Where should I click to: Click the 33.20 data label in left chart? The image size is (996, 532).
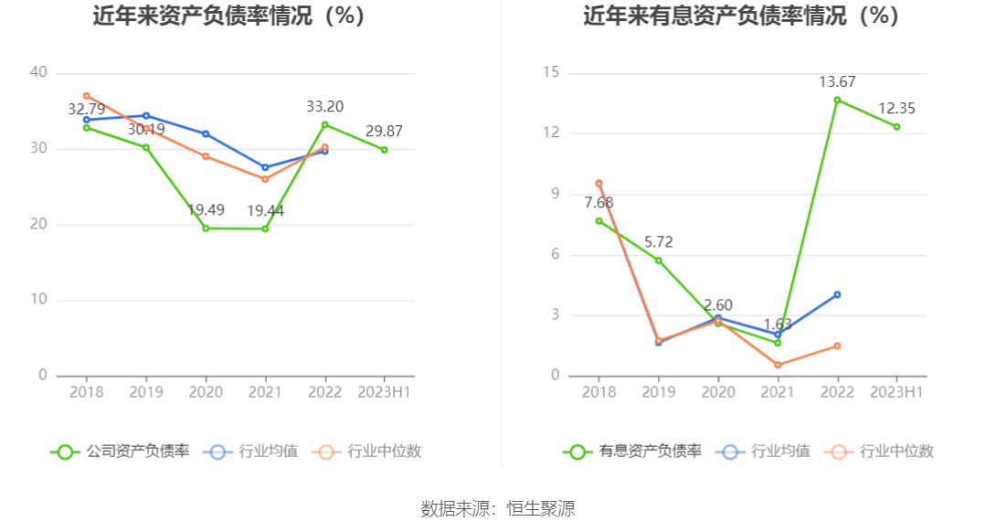(324, 106)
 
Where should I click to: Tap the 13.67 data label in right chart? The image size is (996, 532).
(837, 81)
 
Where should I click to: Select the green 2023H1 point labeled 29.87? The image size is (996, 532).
(384, 149)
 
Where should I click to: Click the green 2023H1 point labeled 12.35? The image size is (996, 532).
(896, 126)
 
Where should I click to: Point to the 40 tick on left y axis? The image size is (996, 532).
(38, 72)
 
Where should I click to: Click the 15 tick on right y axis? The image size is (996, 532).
(551, 72)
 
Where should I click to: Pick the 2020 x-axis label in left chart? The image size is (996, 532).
(206, 391)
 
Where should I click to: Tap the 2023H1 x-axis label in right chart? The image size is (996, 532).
(896, 391)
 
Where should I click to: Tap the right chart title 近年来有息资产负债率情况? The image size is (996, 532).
(741, 16)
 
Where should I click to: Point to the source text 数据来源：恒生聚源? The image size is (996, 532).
(498, 509)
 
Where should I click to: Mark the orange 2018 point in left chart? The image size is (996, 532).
(87, 95)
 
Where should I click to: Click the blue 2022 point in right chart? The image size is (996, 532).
(837, 294)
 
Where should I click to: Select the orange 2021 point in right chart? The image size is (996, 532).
(778, 365)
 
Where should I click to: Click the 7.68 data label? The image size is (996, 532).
(599, 202)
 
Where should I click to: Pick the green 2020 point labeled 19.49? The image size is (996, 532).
(206, 228)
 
